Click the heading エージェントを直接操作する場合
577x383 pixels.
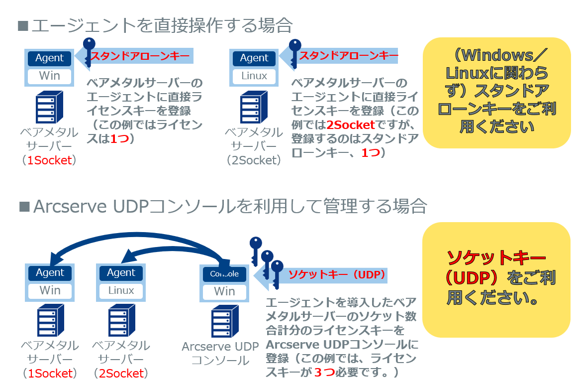pos(161,25)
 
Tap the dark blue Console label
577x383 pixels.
pos(224,274)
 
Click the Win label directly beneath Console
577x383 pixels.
pos(224,291)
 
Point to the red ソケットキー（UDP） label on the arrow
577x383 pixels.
pos(337,274)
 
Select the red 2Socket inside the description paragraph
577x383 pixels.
pos(351,125)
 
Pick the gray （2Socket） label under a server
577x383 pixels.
pos(254,160)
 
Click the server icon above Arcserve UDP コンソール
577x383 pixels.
pos(225,322)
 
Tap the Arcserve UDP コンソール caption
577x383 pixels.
pos(220,353)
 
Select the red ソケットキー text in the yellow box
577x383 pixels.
pos(496,257)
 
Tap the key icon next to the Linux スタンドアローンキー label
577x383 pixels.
pos(294,52)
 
